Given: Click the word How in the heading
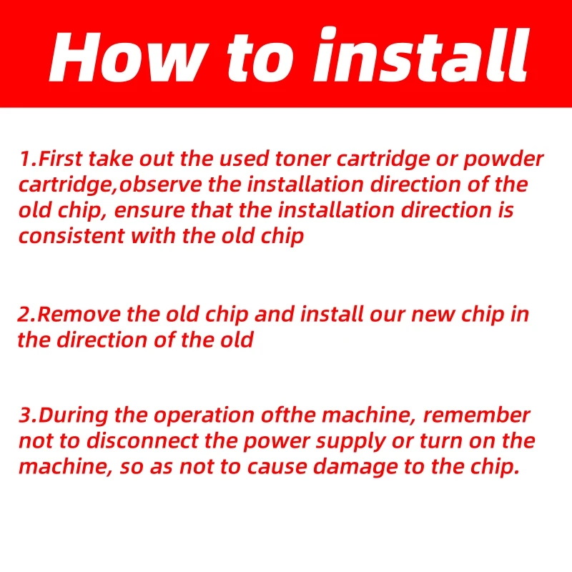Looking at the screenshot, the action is (x=129, y=57).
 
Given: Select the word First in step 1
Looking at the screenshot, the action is (x=60, y=159).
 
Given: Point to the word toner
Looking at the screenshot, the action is (x=302, y=159).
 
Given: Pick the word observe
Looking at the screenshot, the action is (x=160, y=184).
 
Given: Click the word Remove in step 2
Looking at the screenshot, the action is (x=79, y=315).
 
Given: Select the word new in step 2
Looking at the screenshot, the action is (x=433, y=315).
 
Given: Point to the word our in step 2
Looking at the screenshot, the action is (x=387, y=315).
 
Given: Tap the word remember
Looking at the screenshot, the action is (x=477, y=415).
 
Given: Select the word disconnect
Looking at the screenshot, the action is (x=142, y=441).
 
